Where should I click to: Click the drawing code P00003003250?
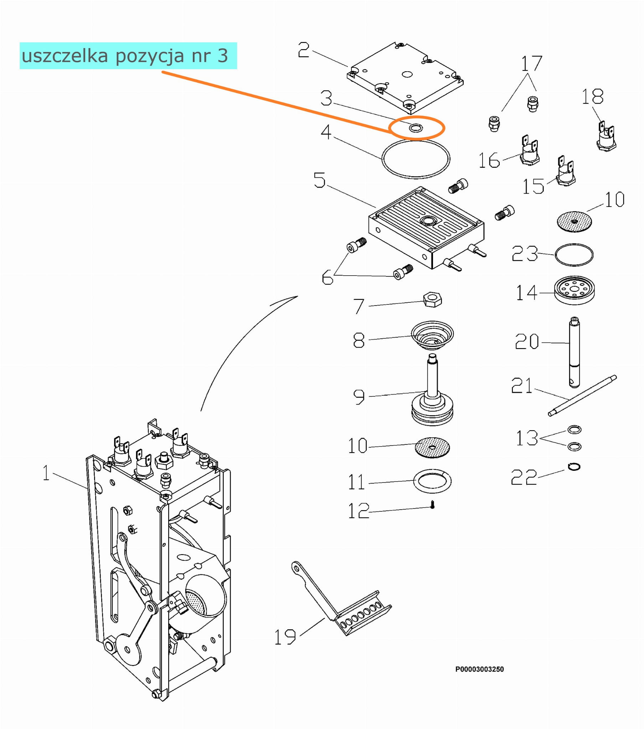[479, 669]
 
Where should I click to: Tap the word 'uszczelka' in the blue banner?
[65, 56]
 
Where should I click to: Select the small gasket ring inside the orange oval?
[416, 128]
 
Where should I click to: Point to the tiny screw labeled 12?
[432, 505]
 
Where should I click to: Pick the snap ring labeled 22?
[574, 467]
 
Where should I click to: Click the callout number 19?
[285, 637]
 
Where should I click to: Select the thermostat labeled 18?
[606, 136]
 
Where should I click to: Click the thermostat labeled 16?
[530, 150]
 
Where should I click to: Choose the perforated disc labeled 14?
[575, 290]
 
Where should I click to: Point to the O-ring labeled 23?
[574, 255]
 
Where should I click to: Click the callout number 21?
[521, 386]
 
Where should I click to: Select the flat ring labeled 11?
[432, 481]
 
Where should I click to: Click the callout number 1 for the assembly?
[46, 473]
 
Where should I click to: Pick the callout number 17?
[531, 64]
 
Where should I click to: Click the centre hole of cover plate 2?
[407, 74]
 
